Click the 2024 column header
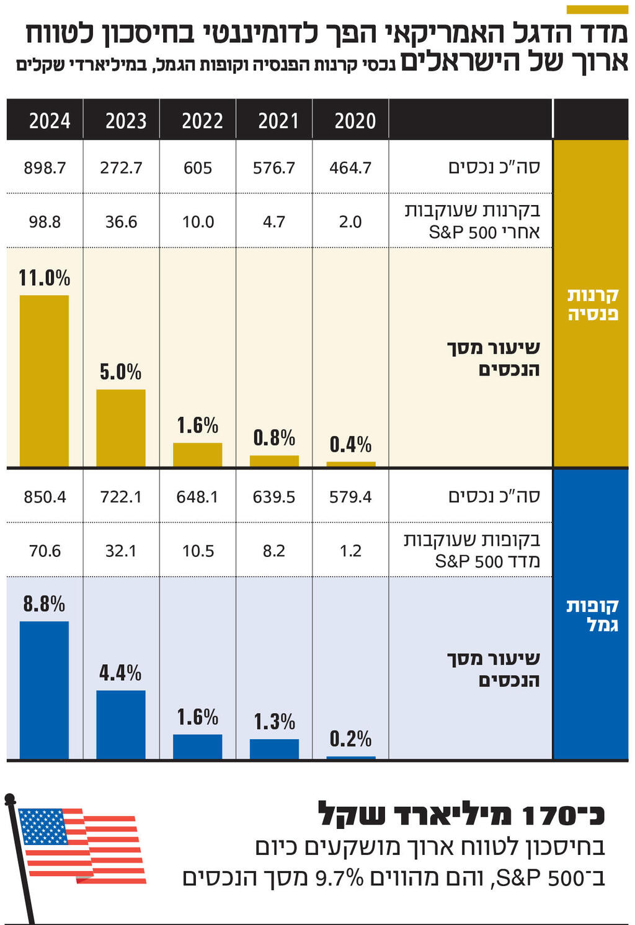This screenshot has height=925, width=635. (50, 120)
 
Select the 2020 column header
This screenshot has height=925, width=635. (355, 120)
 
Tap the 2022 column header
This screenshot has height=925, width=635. (202, 120)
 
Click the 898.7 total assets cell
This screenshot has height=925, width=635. (45, 168)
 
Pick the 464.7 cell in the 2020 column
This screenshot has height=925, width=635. (350, 168)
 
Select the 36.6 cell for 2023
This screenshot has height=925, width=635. (121, 222)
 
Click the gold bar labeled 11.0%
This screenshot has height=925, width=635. (44, 380)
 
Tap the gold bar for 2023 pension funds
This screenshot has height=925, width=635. (121, 427)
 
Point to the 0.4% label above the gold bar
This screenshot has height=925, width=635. (350, 444)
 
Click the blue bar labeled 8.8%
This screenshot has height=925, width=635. (44, 690)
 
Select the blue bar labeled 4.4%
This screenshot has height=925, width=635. (121, 724)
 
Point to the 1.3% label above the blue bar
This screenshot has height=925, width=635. (274, 722)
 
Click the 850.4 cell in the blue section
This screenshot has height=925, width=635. (45, 497)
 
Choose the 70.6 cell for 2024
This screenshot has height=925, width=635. (45, 551)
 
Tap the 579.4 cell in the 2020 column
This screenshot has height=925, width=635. (350, 497)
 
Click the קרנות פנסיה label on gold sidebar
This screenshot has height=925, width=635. (592, 304)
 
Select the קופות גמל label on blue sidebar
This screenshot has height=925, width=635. (592, 615)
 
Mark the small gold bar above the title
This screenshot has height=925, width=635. (597, 9)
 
